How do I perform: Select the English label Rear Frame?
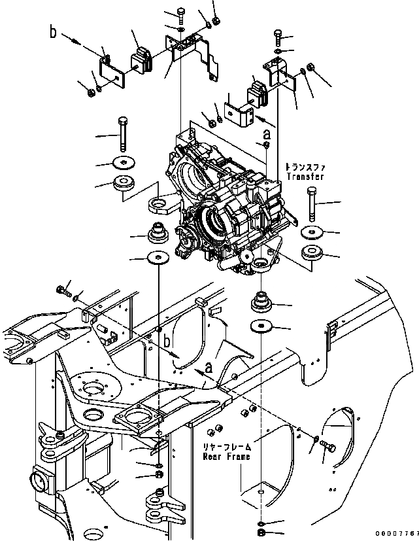coord(226,456)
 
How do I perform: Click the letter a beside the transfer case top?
coord(267,134)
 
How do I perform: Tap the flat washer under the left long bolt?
coord(122,163)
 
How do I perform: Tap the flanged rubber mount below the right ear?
coord(261,302)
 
